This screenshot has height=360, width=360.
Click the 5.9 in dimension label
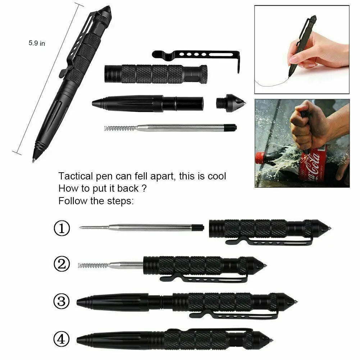(x=37, y=43)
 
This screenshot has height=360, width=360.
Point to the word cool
(x=215, y=177)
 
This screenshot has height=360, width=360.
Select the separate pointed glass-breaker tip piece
(x=231, y=103)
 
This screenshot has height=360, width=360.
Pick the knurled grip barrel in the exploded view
(x=155, y=74)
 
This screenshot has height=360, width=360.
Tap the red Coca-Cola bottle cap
(x=260, y=157)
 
